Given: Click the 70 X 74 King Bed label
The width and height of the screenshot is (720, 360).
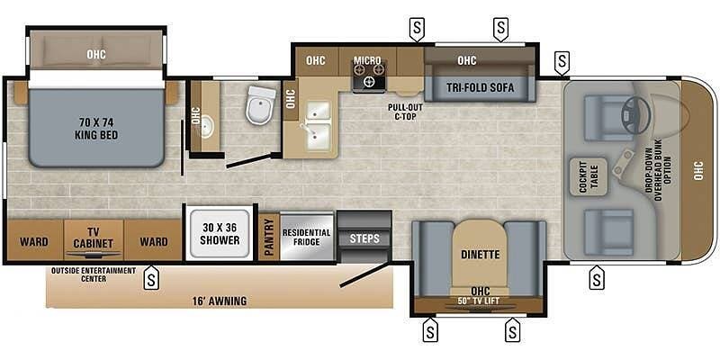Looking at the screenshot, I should (96, 128).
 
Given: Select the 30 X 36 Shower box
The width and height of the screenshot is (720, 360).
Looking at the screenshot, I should (220, 233).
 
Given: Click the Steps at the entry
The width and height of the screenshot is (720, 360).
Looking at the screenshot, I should (364, 238).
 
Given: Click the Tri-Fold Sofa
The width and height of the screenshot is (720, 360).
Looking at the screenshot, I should (479, 88).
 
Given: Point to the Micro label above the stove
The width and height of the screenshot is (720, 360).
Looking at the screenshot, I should (367, 60).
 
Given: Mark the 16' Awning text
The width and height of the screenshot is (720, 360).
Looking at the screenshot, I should (220, 301).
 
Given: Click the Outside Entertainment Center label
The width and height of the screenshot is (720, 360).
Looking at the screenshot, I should (94, 274).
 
